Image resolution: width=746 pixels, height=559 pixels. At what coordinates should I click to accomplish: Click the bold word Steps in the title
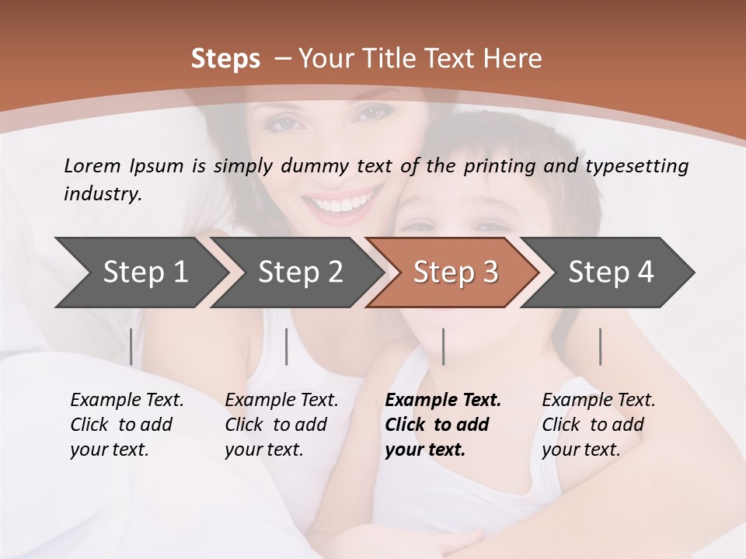click(225, 59)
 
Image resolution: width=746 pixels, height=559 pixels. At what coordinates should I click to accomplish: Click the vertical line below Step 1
click(131, 346)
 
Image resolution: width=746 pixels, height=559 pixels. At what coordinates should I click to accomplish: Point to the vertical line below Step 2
click(287, 346)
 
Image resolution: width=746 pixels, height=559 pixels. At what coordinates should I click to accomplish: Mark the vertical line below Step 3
click(444, 346)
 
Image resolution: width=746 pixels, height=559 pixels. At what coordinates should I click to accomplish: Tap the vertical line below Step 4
click(601, 346)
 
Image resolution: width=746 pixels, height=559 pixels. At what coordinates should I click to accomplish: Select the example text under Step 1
click(127, 425)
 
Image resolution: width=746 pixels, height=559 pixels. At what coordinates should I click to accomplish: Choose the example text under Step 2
click(281, 425)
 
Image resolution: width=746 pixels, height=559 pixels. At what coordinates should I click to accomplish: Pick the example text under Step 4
click(598, 425)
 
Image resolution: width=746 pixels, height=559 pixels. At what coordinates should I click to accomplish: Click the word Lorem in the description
click(92, 165)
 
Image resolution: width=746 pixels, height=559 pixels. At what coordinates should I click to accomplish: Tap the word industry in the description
click(102, 193)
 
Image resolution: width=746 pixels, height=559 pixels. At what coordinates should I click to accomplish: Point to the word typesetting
click(643, 166)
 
